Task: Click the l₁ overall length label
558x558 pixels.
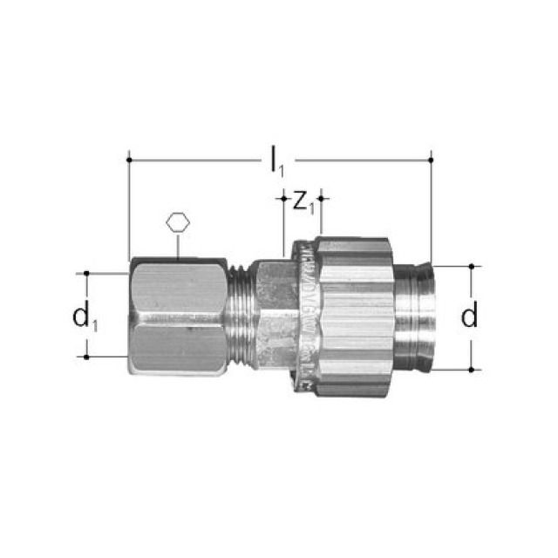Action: [276, 160]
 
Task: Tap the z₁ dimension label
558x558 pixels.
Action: [303, 201]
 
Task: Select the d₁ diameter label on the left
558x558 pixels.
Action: [85, 316]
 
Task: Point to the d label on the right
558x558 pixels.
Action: [470, 316]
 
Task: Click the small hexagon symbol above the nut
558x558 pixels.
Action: [177, 221]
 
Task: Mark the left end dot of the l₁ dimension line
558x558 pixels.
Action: [128, 160]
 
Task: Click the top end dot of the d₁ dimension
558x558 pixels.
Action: [86, 273]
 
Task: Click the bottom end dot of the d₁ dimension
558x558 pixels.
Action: [86, 357]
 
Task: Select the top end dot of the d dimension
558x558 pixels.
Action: [471, 265]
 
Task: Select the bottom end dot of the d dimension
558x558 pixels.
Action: [471, 369]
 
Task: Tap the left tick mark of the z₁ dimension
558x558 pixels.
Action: [283, 199]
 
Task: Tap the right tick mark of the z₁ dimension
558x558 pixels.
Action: [322, 199]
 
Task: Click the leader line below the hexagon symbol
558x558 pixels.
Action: [177, 246]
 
